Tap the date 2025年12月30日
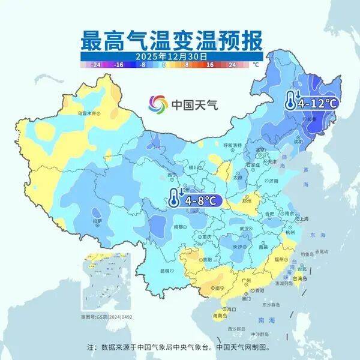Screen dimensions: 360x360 (x=171, y=55)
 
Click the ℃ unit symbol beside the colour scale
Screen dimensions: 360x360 (x=256, y=64)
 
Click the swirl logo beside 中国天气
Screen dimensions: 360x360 (x=159, y=104)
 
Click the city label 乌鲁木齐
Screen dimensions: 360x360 (x=88, y=113)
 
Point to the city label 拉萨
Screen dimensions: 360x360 (x=97, y=221)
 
